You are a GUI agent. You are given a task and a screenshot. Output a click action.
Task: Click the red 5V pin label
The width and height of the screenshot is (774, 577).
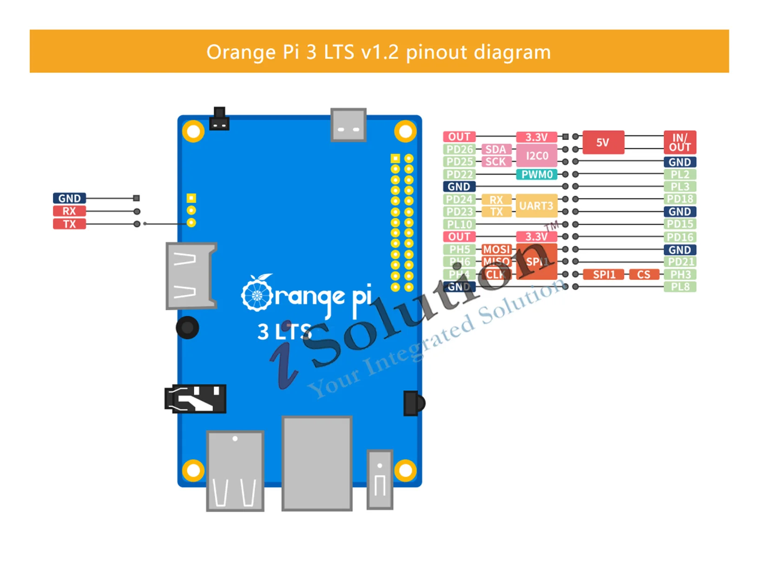point(603,142)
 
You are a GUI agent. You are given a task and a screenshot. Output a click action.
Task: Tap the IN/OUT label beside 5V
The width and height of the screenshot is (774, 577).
point(680,142)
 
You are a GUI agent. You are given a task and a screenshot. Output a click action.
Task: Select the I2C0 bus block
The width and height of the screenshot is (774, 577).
point(537,156)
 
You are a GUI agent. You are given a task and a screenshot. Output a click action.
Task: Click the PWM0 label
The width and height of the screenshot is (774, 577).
point(537,175)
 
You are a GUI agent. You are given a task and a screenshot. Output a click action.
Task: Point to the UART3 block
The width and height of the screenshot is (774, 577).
point(536,206)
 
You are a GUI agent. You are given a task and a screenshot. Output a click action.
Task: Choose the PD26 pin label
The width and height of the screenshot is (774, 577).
point(459,149)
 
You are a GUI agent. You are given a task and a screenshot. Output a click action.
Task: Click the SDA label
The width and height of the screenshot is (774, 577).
point(496,149)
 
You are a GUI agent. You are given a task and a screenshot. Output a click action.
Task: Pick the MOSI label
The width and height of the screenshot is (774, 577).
point(496,250)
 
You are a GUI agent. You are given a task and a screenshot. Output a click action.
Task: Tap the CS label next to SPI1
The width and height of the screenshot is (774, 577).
point(643,274)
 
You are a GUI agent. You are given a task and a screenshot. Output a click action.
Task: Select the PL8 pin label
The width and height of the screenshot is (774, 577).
point(680,287)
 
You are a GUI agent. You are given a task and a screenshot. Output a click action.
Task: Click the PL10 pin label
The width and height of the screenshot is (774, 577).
point(459,224)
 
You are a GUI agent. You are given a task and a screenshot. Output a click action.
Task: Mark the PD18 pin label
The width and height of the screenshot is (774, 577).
point(680,199)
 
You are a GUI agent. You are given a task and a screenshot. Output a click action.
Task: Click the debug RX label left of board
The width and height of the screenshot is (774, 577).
point(69,211)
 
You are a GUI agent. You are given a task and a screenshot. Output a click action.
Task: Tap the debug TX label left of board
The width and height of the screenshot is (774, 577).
point(69,224)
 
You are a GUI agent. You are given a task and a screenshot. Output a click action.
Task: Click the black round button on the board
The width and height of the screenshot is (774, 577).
point(187,327)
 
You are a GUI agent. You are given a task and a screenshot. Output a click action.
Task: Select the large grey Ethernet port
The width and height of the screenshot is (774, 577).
point(317,463)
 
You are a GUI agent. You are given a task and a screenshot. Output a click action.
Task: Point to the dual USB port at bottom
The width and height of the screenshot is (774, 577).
point(235,471)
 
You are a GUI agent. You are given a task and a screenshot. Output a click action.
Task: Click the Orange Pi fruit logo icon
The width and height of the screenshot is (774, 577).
point(257,294)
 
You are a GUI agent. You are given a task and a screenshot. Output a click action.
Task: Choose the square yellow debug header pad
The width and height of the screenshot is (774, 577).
point(191,198)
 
